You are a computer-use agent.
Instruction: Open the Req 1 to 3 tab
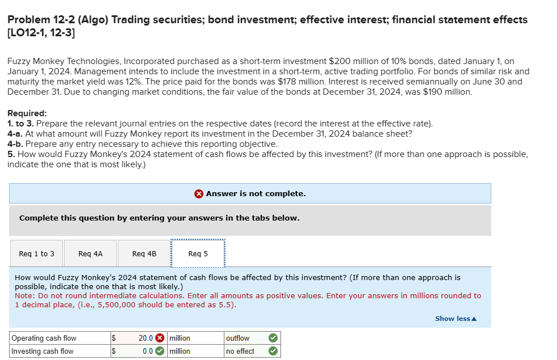[37, 254]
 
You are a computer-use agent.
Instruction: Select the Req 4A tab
[91, 254]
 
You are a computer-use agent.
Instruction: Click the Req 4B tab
[144, 254]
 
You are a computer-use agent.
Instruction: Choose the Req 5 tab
[198, 254]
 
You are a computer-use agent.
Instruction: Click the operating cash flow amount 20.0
[146, 338]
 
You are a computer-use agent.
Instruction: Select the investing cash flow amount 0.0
[147, 351]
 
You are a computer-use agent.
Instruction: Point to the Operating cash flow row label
[44, 338]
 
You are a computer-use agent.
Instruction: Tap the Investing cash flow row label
[42, 351]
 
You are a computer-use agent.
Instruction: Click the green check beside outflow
[273, 338]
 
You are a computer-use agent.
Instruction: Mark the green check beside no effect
[273, 351]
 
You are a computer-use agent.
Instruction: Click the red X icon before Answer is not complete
[199, 194]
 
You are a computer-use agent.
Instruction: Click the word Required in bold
[27, 113]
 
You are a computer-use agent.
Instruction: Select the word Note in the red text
[23, 296]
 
